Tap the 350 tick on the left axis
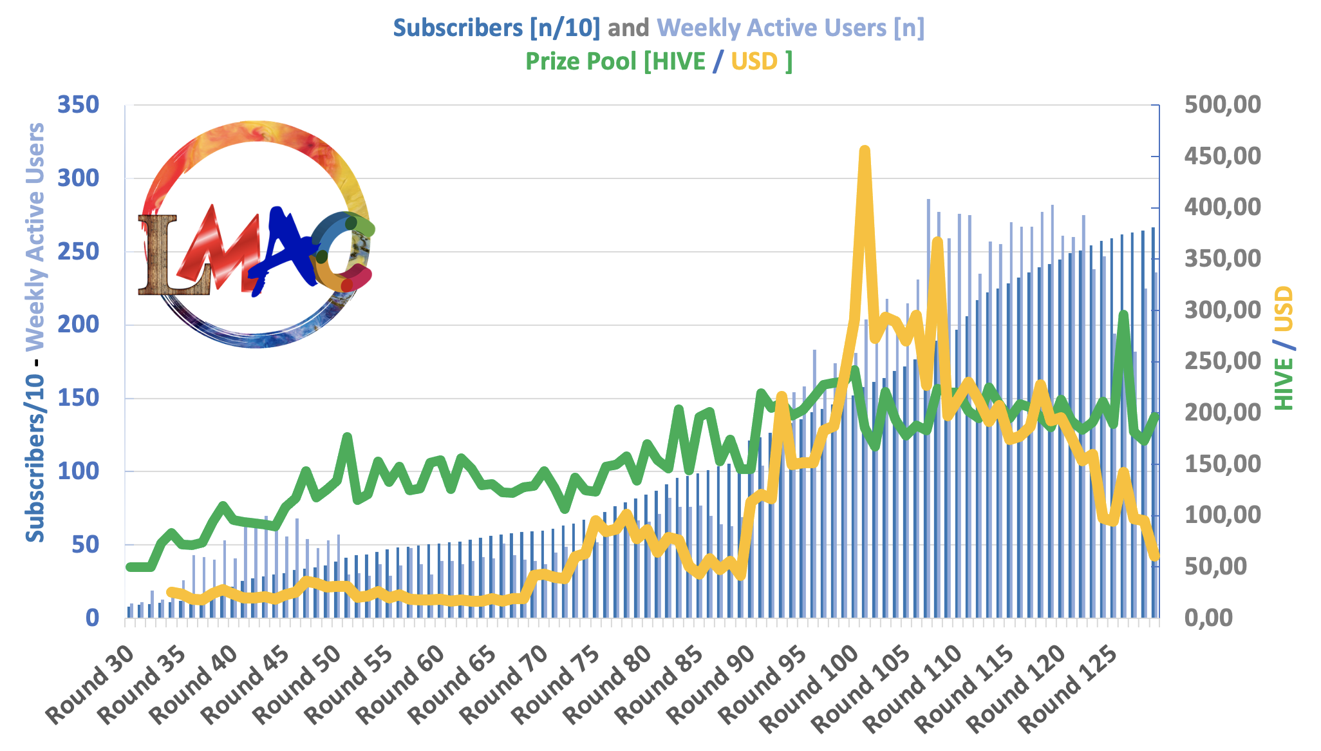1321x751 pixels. [79, 105]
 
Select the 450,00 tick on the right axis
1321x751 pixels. [1222, 157]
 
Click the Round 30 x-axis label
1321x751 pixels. [91, 684]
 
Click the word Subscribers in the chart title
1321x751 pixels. [458, 28]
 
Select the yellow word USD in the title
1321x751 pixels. [754, 61]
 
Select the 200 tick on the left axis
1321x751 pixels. [79, 325]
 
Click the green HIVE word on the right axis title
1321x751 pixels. [1284, 384]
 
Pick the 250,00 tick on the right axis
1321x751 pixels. [1222, 361]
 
